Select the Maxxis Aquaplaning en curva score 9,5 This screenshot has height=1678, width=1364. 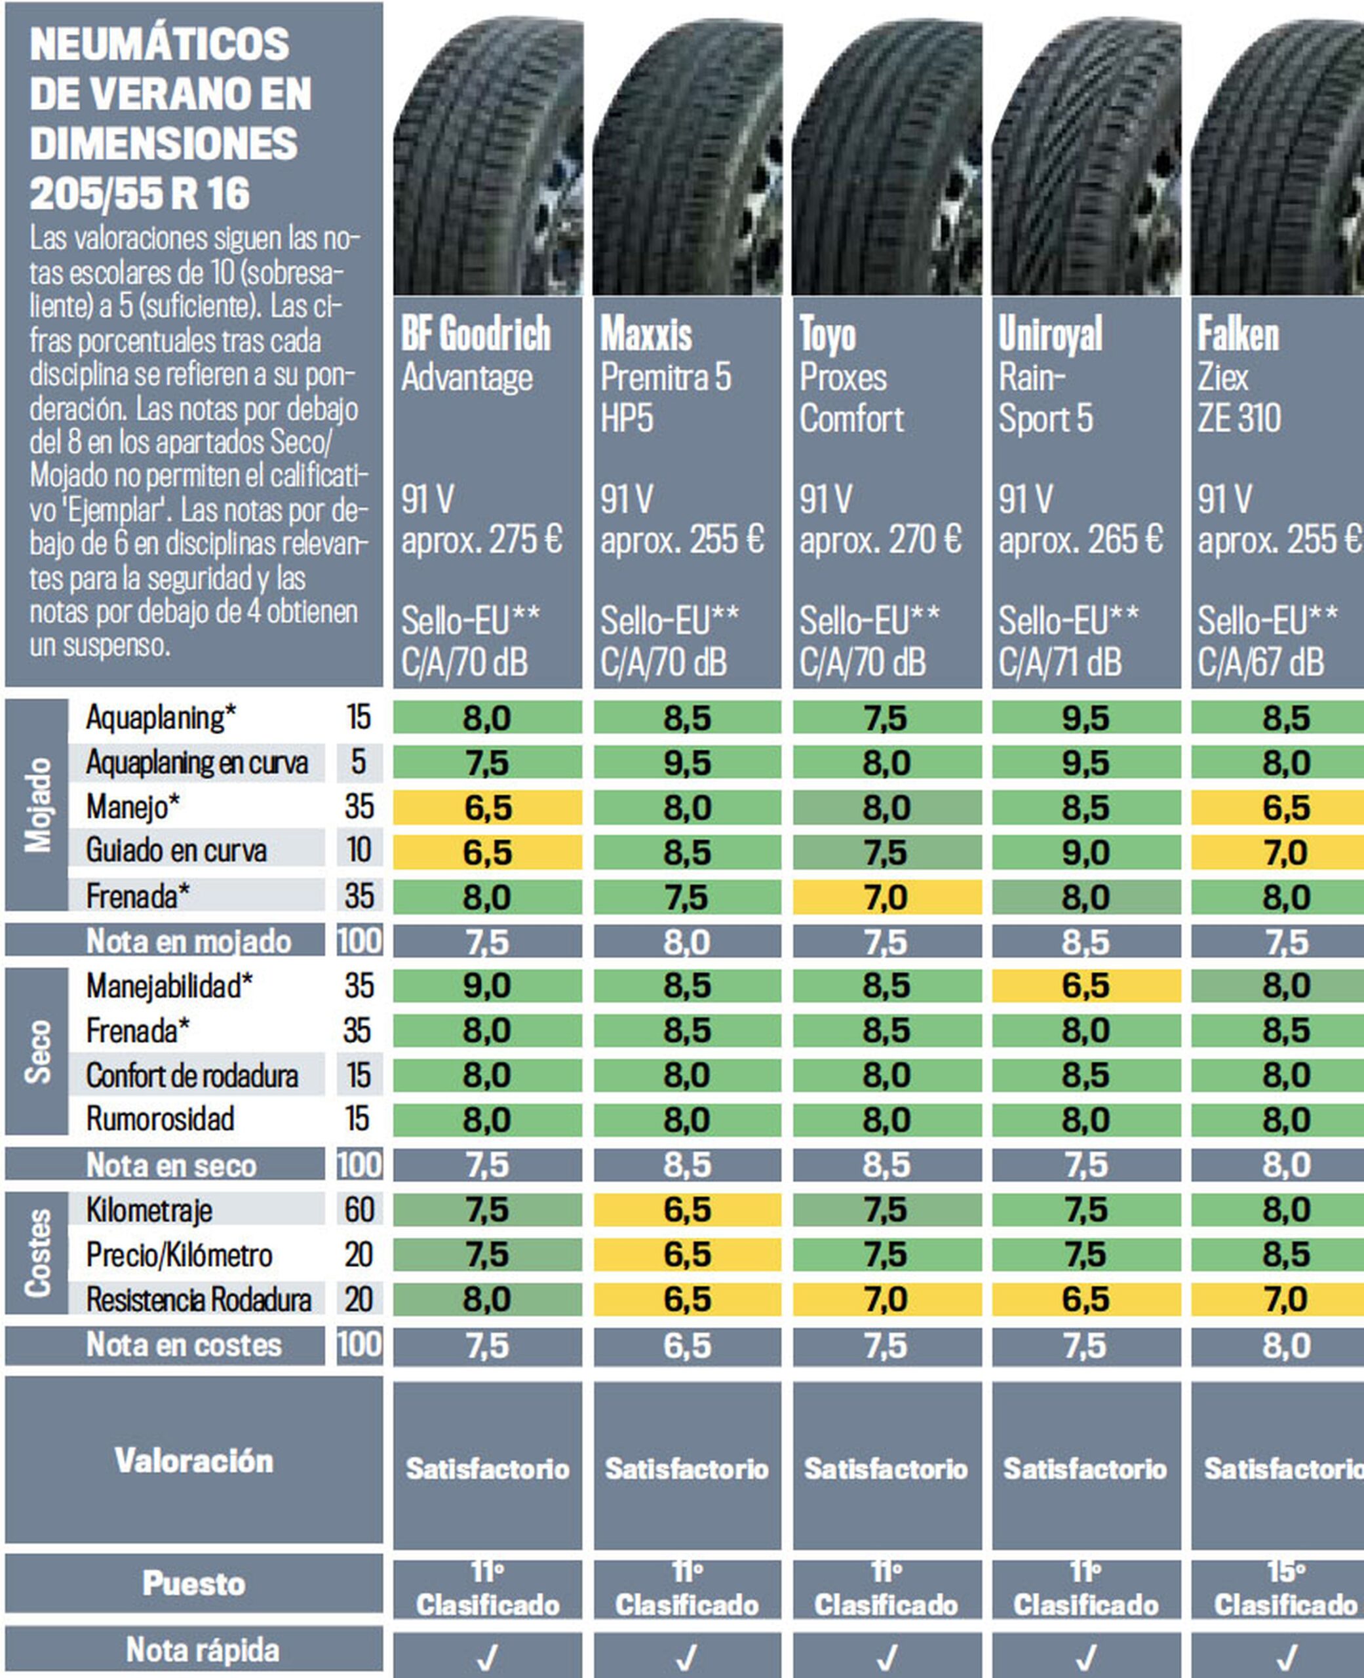pos(687,763)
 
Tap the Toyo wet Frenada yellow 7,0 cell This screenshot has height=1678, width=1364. pos(886,897)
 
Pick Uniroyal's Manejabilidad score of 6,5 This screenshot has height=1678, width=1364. pos(1086,986)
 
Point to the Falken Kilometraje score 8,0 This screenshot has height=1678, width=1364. pos(1285,1210)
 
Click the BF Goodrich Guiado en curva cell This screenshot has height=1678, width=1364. pos(487,852)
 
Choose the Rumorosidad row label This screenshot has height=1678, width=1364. pos(161,1120)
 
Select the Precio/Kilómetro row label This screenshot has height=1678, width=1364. pos(179,1255)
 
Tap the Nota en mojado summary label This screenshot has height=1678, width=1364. pos(189,941)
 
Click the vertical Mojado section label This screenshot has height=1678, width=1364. pos(37,804)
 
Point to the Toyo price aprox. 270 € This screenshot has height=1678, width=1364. pos(880,539)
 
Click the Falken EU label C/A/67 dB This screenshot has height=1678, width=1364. pos(1260,662)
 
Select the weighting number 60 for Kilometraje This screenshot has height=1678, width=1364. pos(359,1210)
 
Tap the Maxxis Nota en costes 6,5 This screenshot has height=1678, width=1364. pos(687,1346)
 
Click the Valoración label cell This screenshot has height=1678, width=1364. pos(194,1461)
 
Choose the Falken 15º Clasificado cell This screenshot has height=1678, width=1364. pos(1285,1588)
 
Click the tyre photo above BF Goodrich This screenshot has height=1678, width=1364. pos(488,157)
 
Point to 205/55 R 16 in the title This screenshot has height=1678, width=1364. pos(140,194)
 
